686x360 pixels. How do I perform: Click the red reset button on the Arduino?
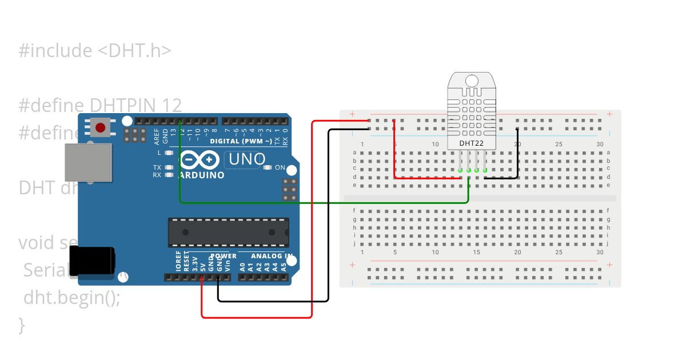101,127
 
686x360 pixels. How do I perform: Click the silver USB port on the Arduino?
87,162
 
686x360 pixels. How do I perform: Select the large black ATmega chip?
228,232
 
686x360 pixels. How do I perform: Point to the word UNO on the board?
245,159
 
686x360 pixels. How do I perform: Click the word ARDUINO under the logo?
202,175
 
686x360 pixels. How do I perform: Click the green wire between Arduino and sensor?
320,202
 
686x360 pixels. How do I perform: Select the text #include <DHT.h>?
95,51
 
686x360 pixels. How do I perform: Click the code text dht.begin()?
72,298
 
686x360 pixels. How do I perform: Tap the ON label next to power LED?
280,167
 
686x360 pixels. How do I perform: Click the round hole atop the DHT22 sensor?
472,81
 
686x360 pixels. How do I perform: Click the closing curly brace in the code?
22,325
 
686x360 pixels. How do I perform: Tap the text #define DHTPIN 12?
100,105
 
